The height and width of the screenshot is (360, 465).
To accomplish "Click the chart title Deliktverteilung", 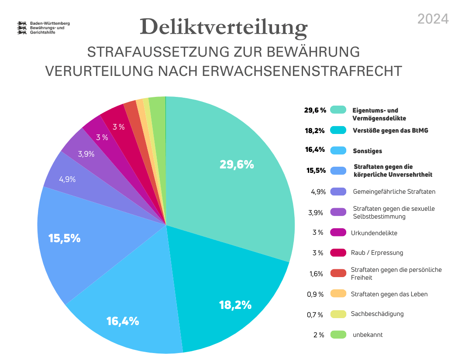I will tap(224, 27).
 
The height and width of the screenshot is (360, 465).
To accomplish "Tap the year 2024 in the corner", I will tap(433, 19).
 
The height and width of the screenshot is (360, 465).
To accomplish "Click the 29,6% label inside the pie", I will tap(237, 165).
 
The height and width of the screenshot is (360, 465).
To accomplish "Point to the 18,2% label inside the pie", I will tap(235, 305).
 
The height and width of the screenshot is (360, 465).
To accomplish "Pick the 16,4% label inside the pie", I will tap(123, 321).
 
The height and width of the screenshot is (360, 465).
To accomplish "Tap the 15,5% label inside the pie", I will tap(64, 238).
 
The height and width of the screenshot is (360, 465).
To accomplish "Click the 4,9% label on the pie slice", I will tap(67, 179).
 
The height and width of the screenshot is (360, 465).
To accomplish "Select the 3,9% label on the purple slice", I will tap(86, 154).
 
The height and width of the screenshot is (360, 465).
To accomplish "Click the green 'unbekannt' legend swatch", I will tap(338, 335).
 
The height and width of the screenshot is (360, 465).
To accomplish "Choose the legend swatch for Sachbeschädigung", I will tap(338, 314).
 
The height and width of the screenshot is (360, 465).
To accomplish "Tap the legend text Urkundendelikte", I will tap(374, 233).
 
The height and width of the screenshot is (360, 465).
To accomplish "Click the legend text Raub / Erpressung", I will tap(377, 253).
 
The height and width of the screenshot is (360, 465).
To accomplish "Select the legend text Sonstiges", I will tap(367, 151).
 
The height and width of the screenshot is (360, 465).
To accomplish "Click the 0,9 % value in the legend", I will tap(315, 294).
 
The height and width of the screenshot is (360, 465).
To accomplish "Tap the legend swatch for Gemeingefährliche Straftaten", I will tap(338, 192).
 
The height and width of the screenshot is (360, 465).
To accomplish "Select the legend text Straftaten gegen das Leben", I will tap(389, 294).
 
